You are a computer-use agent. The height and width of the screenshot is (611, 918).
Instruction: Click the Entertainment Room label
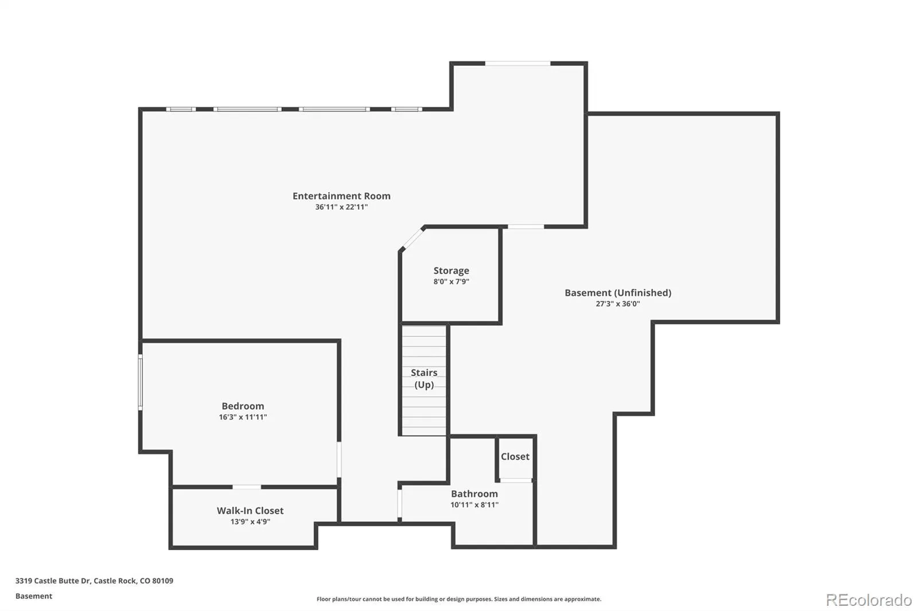(x=341, y=196)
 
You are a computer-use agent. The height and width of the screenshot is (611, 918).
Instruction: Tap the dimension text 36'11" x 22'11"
(x=341, y=207)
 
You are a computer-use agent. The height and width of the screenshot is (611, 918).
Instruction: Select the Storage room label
(x=451, y=271)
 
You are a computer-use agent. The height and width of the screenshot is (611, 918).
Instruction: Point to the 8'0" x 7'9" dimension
(x=451, y=282)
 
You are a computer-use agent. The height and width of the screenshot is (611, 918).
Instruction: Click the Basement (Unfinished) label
(x=618, y=293)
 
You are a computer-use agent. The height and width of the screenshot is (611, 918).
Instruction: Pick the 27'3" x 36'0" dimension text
(x=618, y=304)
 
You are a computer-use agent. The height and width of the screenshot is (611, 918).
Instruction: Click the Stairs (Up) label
(x=424, y=378)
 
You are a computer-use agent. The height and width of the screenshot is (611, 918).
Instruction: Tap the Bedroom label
(x=243, y=406)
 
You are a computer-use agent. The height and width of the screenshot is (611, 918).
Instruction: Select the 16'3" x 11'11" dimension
(x=243, y=417)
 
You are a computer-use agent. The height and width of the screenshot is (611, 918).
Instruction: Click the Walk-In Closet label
(x=250, y=511)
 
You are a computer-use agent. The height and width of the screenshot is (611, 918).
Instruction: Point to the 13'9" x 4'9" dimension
(x=250, y=522)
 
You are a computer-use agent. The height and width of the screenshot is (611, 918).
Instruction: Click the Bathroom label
(x=474, y=494)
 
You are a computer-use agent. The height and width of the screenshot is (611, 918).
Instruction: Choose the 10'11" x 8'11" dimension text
(x=474, y=505)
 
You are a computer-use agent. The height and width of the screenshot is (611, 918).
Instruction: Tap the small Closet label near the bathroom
(x=515, y=457)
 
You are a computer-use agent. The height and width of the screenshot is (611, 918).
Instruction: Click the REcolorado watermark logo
(x=869, y=600)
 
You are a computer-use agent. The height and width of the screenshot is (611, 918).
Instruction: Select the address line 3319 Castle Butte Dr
(x=94, y=581)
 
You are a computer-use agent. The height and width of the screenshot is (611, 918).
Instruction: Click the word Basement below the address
(x=34, y=596)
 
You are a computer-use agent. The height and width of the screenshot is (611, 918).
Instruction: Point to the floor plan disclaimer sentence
(x=459, y=599)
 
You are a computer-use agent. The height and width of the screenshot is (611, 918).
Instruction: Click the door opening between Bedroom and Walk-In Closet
(x=247, y=487)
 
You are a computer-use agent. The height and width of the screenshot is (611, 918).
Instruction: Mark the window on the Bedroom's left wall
(x=141, y=382)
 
